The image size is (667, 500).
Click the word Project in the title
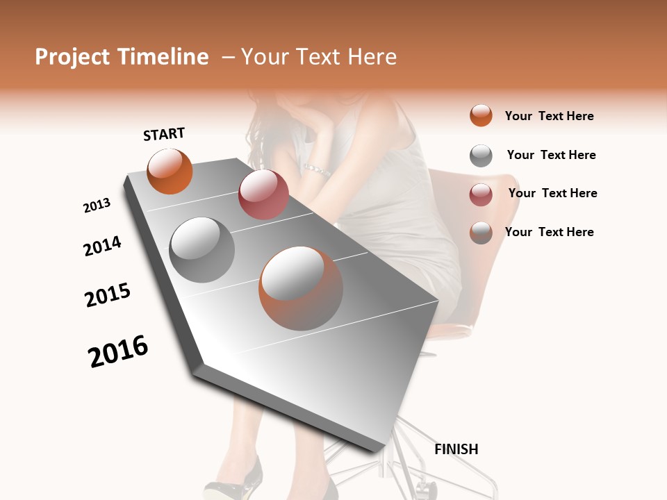click(x=72, y=58)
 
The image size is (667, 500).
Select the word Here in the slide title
click(x=371, y=57)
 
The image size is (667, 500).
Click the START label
click(x=164, y=134)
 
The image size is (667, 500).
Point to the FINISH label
click(x=456, y=449)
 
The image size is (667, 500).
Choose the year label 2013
click(x=97, y=206)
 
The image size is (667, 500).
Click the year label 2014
click(x=102, y=246)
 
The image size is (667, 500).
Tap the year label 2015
click(x=108, y=295)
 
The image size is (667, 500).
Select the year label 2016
click(x=118, y=351)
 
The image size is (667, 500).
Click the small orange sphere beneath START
click(x=170, y=172)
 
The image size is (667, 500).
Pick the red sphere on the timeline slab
click(x=263, y=194)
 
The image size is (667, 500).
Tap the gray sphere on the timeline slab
click(x=202, y=250)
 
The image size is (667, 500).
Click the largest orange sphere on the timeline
click(x=301, y=288)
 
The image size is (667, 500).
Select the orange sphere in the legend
click(x=481, y=115)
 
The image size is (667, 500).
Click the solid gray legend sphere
click(x=481, y=156)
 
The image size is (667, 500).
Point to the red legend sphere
click(x=481, y=194)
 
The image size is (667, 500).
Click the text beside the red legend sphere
click(x=552, y=193)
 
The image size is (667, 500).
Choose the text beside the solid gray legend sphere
click(x=551, y=155)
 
